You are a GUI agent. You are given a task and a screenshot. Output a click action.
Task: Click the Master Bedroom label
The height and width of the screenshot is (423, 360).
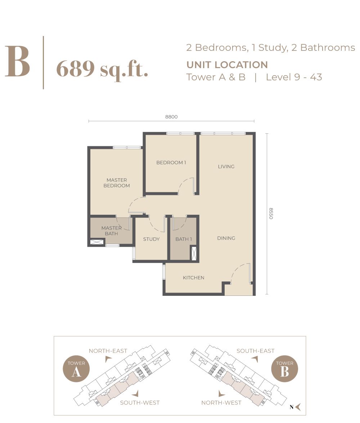point(117,183)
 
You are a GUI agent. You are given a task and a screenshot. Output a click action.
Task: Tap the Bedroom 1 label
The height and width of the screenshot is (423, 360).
point(171,162)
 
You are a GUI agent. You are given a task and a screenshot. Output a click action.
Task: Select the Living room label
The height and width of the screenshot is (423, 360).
point(226,166)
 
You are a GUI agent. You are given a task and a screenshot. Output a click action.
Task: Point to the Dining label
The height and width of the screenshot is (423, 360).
point(226,238)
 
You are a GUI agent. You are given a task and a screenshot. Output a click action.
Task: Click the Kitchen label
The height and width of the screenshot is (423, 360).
point(193,277)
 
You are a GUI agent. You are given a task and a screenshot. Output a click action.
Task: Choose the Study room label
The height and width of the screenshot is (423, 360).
point(152,239)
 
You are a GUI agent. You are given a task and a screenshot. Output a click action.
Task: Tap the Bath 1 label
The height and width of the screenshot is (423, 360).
point(184,239)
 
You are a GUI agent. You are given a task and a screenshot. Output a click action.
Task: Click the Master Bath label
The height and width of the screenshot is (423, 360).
point(111,231)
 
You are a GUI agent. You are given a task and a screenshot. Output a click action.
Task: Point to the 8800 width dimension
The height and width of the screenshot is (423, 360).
point(171,117)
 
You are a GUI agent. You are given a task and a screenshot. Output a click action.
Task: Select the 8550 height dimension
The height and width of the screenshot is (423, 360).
point(271,213)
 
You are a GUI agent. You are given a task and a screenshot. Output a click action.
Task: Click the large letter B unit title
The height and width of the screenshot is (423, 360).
point(17,62)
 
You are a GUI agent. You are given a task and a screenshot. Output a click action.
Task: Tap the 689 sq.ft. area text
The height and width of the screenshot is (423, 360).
point(102,69)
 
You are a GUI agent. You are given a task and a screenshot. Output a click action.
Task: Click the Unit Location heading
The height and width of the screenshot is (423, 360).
point(227,65)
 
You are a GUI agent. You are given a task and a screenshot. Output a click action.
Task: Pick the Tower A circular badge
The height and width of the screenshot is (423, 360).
point(76,369)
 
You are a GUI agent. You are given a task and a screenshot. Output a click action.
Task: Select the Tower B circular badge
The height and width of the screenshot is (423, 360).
point(284,369)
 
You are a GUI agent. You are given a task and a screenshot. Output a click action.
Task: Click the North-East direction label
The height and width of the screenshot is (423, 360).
point(108,351)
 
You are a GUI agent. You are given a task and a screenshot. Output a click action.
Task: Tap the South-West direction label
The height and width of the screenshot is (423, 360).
point(140,402)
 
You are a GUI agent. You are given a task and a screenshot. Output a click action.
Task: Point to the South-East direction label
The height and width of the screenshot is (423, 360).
point(256,351)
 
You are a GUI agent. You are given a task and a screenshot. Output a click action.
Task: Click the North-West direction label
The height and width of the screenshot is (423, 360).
point(221,402)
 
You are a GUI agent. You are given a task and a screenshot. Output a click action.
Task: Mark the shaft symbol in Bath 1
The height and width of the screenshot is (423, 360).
point(193,254)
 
